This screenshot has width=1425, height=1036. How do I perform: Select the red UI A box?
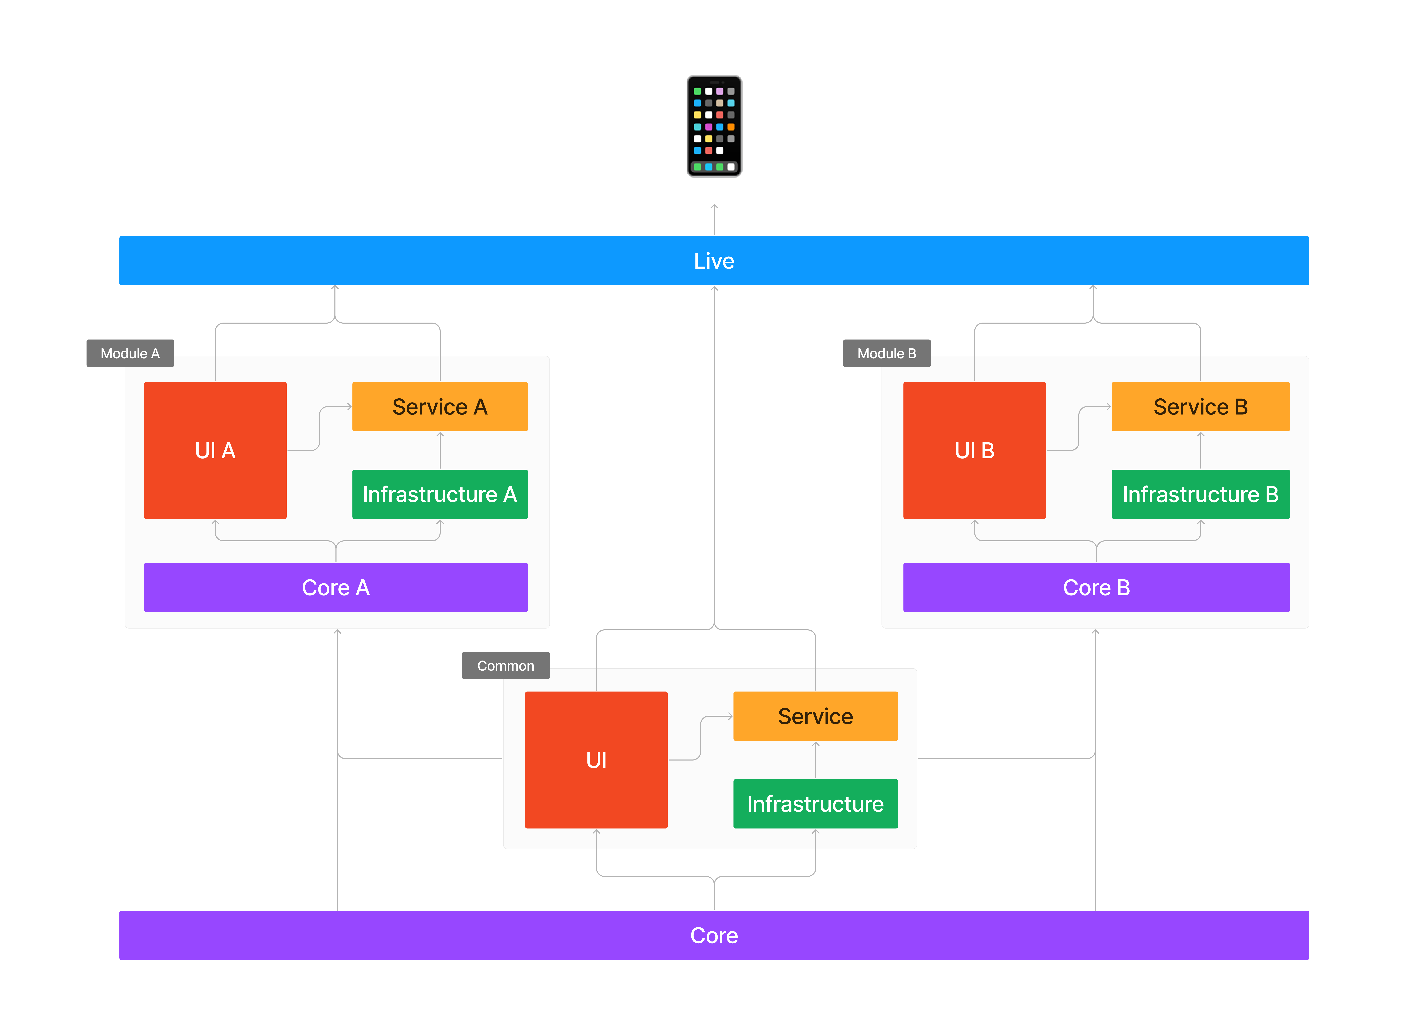click(x=216, y=450)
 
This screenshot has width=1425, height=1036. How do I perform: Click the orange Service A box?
click(x=440, y=406)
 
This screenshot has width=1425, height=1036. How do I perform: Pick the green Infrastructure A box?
click(x=440, y=494)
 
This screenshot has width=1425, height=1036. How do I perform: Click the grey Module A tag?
click(x=130, y=354)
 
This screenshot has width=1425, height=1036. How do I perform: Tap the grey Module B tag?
click(x=886, y=354)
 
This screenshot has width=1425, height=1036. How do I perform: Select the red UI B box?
click(x=975, y=450)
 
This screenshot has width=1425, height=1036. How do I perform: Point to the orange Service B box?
click(x=1201, y=406)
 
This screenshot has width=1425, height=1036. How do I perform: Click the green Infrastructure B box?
click(x=1201, y=494)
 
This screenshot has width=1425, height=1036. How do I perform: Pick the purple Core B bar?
click(x=1096, y=587)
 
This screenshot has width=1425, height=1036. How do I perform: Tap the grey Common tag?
click(x=506, y=665)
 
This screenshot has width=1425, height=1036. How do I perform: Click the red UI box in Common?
click(x=596, y=760)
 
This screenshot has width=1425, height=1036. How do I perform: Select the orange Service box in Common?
click(x=816, y=716)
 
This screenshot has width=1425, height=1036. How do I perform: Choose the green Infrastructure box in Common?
click(x=816, y=804)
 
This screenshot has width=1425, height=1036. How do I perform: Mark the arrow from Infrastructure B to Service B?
click(x=1201, y=450)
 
